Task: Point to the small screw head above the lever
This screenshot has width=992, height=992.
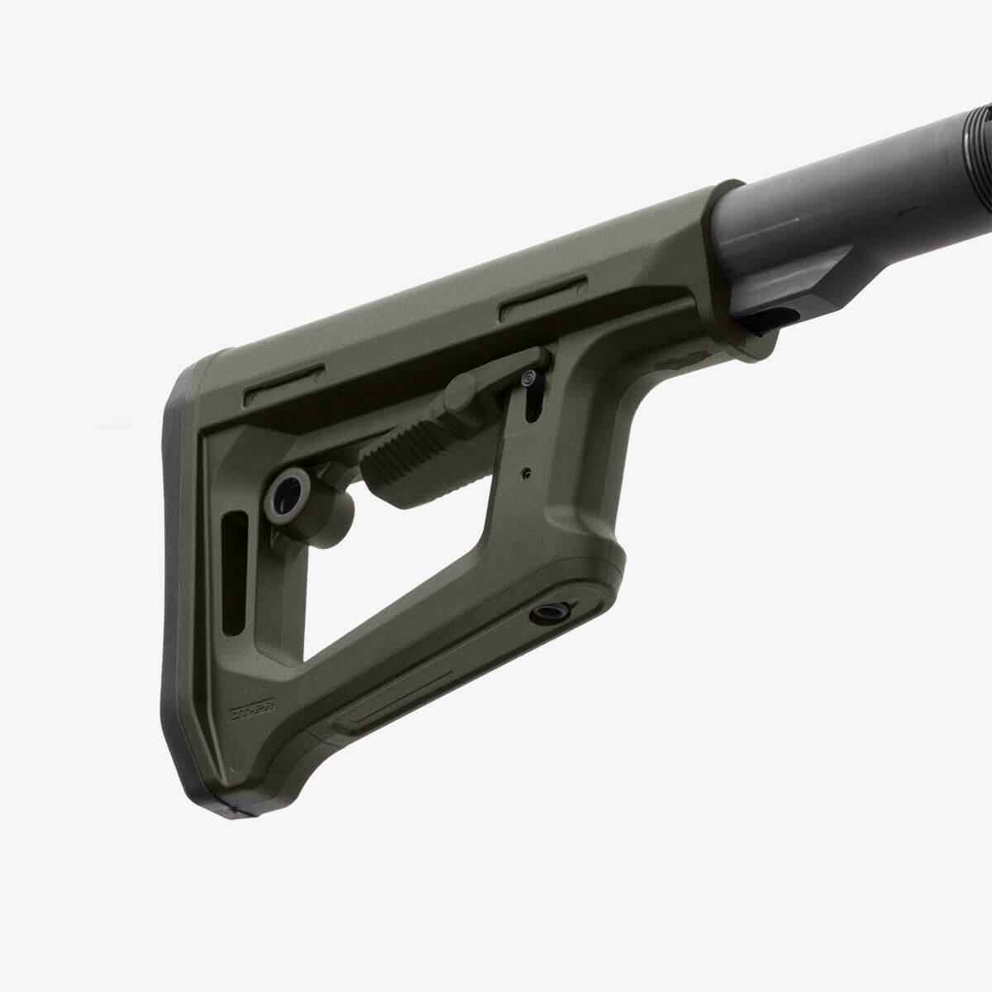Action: coord(527,379)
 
